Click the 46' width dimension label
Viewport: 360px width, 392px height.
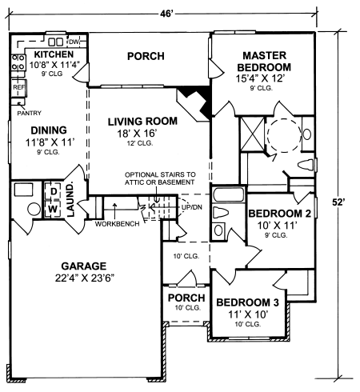tap(166, 14)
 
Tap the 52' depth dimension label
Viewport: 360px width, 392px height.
tap(338, 202)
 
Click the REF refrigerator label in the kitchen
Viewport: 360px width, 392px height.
tap(19, 87)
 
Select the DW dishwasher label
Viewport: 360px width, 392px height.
tap(74, 42)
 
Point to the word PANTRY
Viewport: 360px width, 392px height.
tap(30, 113)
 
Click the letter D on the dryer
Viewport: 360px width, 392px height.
tap(54, 191)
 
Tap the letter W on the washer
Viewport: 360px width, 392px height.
tap(54, 209)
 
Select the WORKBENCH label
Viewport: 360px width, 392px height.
tap(118, 224)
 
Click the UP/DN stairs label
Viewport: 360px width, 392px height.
tap(192, 207)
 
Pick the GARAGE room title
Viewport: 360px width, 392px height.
tap(84, 266)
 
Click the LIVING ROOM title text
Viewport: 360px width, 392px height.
tap(142, 122)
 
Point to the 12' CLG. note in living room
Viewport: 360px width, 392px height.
tap(140, 143)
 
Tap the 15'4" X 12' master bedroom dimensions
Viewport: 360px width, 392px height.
tap(261, 78)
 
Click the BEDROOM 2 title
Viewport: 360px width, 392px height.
tap(280, 214)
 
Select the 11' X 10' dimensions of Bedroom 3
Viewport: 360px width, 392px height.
tap(248, 314)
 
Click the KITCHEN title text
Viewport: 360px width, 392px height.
tap(54, 54)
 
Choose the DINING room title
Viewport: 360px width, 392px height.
tap(49, 130)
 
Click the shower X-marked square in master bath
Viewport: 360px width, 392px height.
tap(252, 134)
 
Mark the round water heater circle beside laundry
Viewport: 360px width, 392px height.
tap(34, 210)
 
